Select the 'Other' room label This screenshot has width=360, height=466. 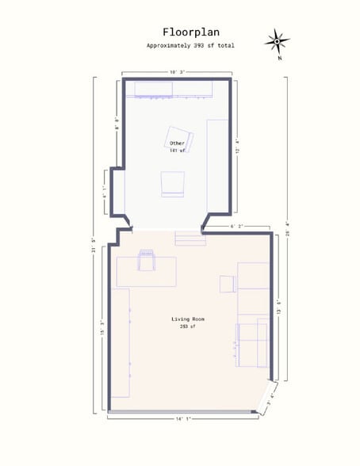(176, 143)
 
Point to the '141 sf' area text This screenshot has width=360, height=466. (176, 150)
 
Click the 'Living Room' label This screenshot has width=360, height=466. (188, 319)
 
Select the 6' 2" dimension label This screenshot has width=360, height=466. (236, 227)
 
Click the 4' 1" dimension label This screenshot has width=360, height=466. (105, 191)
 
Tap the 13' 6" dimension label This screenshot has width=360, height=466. (279, 306)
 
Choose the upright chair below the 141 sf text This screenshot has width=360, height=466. (173, 183)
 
